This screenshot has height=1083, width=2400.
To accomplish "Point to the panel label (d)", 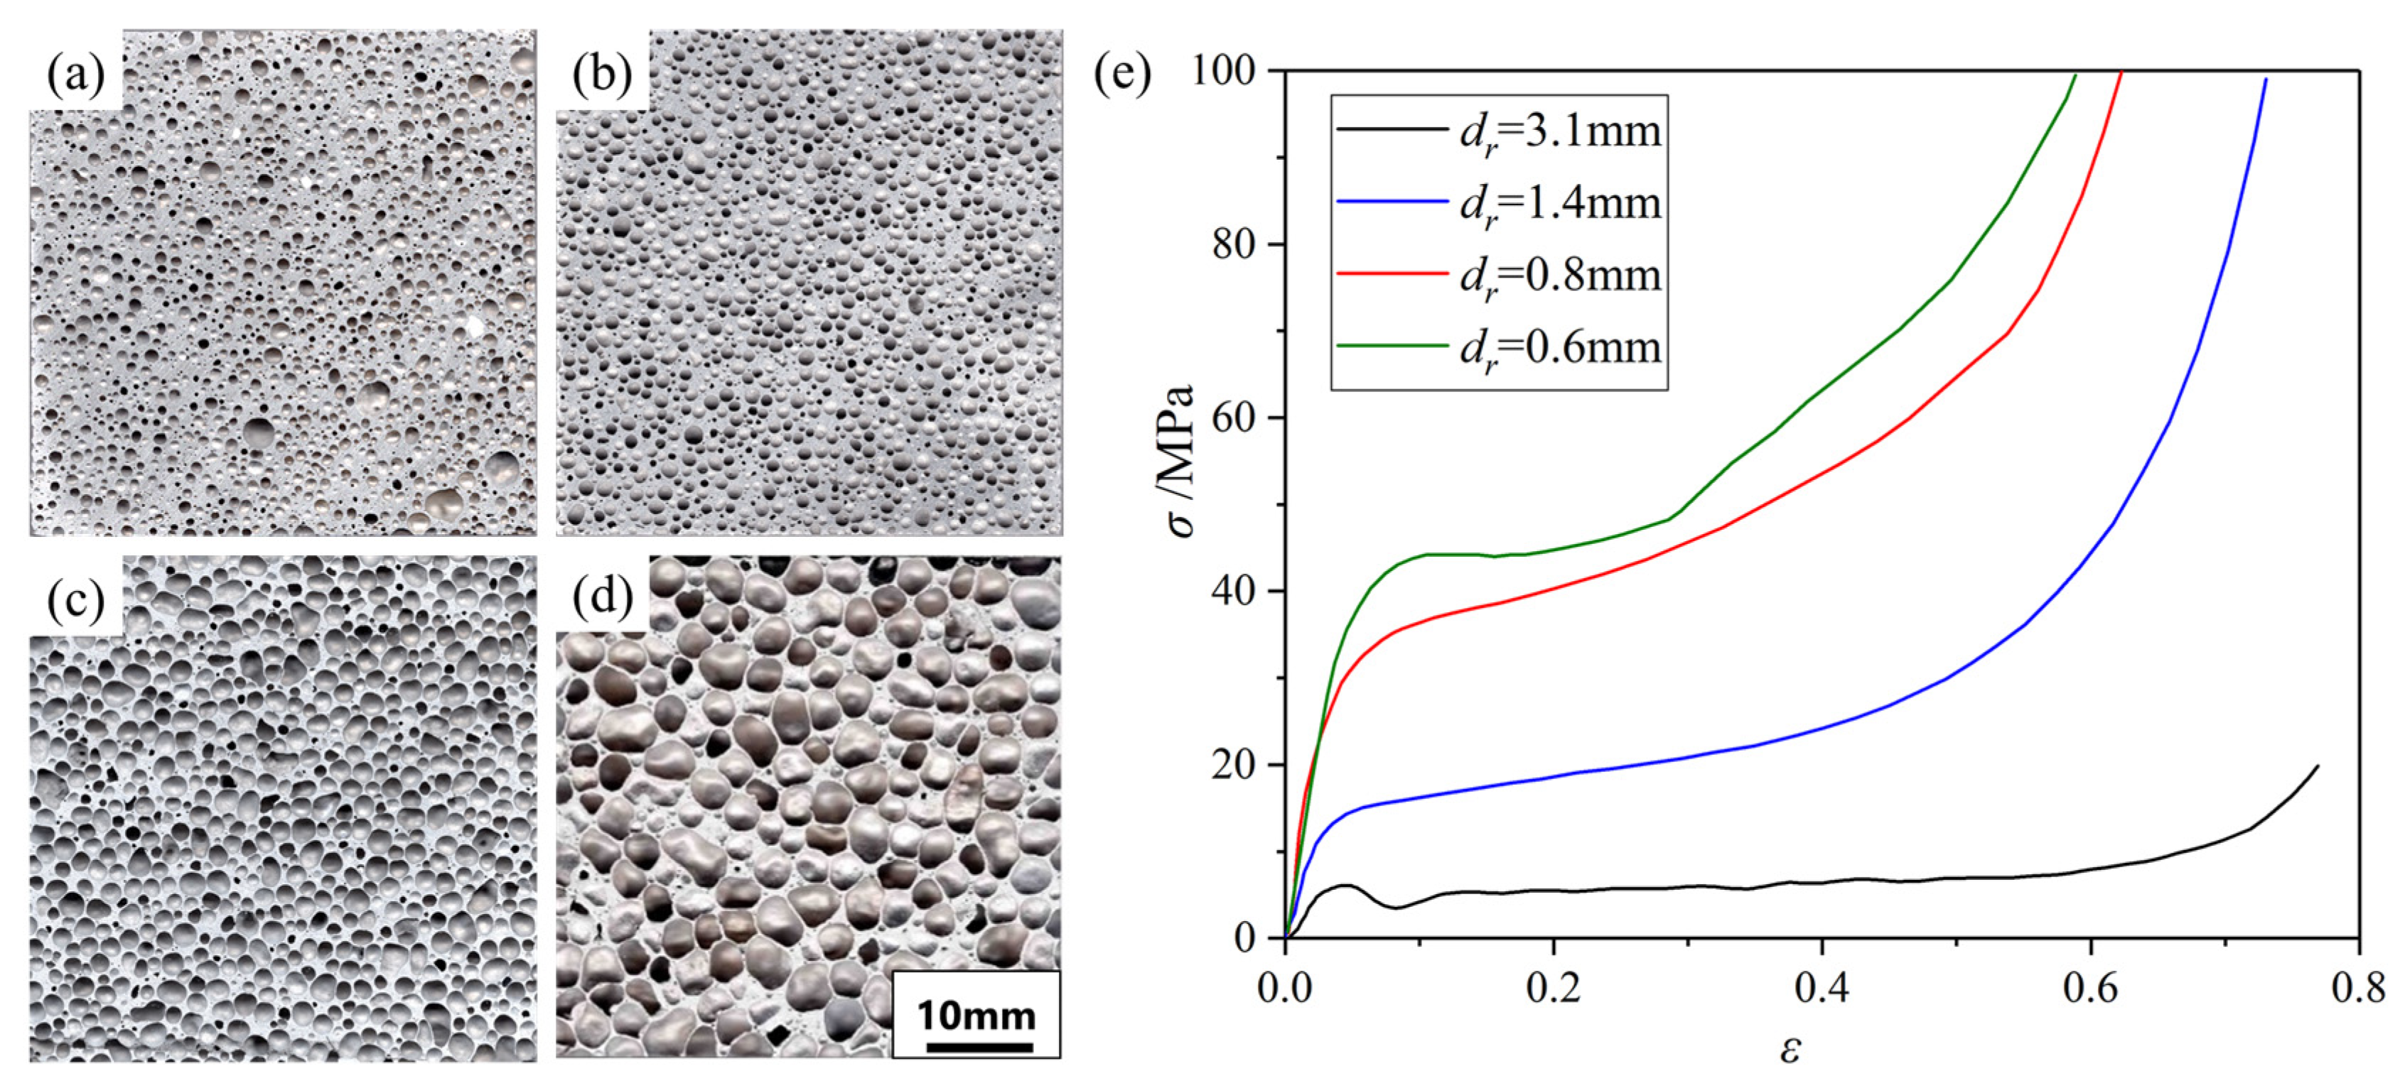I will (602, 598).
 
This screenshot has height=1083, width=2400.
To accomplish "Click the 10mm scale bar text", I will (976, 1015).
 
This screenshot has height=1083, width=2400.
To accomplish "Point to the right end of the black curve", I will (2317, 766).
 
